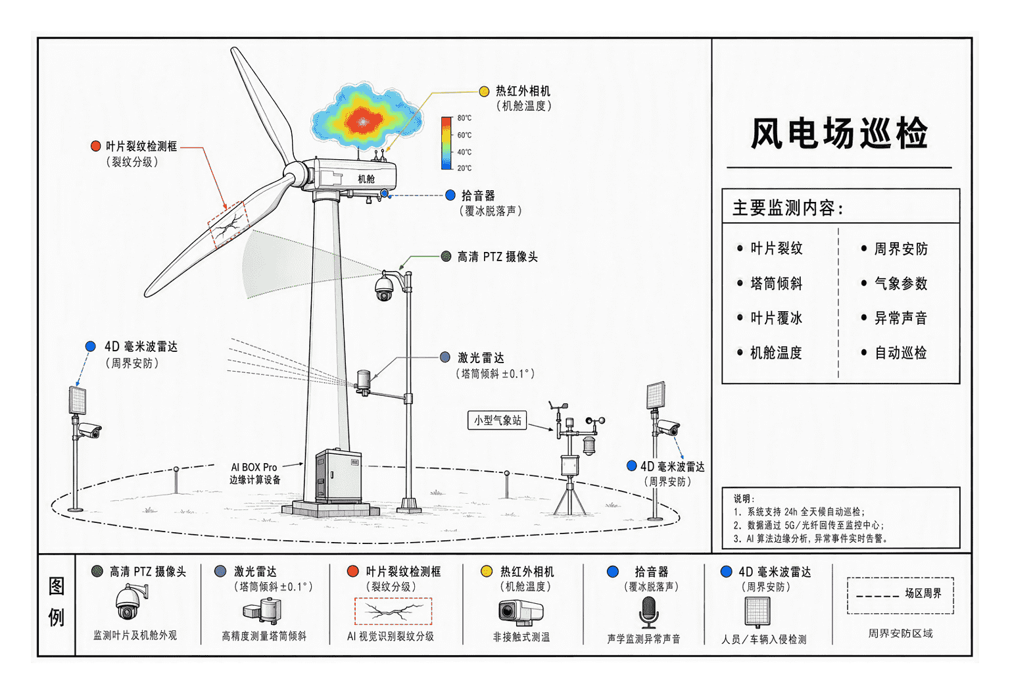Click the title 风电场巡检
(839, 133)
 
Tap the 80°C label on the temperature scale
(464, 118)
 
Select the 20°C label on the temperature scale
(464, 168)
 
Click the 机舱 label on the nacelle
(366, 179)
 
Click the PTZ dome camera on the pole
(384, 287)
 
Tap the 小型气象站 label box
(497, 420)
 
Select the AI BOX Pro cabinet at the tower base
(338, 476)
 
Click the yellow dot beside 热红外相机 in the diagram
(484, 91)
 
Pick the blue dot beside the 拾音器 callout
(450, 195)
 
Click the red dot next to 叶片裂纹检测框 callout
(95, 146)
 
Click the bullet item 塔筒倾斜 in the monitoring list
(770, 284)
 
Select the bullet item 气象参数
(894, 284)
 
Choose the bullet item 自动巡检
(894, 353)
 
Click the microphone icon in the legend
(648, 612)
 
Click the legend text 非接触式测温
(521, 637)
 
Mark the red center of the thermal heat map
(364, 120)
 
